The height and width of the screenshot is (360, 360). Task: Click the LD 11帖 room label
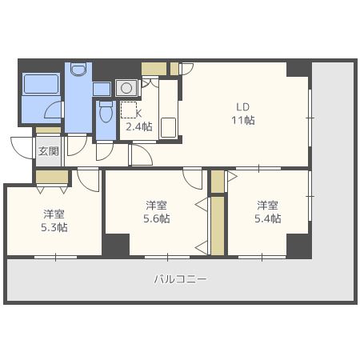tap(243, 114)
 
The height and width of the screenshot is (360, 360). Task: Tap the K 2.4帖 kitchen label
tap(139, 120)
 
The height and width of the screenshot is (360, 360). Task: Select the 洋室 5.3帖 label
tap(54, 221)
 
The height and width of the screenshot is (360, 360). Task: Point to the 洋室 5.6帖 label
tap(157, 212)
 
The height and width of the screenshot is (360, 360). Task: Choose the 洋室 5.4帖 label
tap(268, 212)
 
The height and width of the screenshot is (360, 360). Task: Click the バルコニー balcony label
tap(181, 279)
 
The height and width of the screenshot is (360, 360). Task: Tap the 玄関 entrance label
tap(48, 151)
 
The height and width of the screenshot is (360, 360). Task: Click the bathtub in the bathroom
tap(41, 84)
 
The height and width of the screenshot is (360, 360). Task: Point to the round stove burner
tap(126, 87)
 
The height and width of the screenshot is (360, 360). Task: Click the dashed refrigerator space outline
tap(129, 110)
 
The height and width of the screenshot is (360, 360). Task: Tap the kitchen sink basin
tap(169, 128)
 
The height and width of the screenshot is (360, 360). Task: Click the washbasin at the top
tap(78, 69)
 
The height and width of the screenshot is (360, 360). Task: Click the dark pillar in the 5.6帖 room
tap(116, 245)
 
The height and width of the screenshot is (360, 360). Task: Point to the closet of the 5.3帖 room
tap(52, 177)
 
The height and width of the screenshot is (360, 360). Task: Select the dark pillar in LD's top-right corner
tap(298, 70)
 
